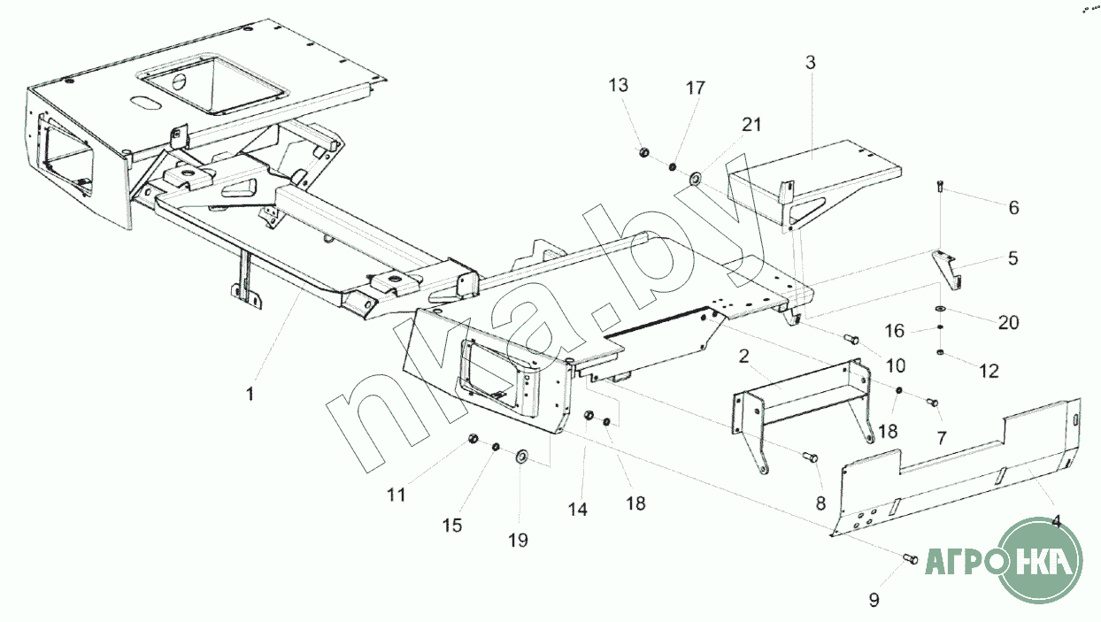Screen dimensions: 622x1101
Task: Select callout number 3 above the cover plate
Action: pyautogui.click(x=810, y=63)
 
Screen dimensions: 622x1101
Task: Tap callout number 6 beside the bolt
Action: pyautogui.click(x=1013, y=208)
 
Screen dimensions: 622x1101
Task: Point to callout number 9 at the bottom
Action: pyautogui.click(x=874, y=600)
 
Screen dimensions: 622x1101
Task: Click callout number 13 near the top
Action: pyautogui.click(x=618, y=86)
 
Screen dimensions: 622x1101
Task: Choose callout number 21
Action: pyautogui.click(x=751, y=125)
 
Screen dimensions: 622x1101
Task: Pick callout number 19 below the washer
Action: pyautogui.click(x=518, y=539)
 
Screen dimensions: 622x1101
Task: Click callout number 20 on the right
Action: pyautogui.click(x=1008, y=323)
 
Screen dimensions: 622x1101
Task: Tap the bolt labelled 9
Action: pyautogui.click(x=910, y=558)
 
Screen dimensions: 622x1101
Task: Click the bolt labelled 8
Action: pyautogui.click(x=810, y=457)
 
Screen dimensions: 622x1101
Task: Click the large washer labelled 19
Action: pyautogui.click(x=521, y=457)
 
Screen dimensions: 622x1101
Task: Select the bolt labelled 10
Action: pyautogui.click(x=851, y=338)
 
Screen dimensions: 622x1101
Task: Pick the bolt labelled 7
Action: pyautogui.click(x=931, y=403)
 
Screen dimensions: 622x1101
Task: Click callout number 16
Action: pyautogui.click(x=895, y=331)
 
